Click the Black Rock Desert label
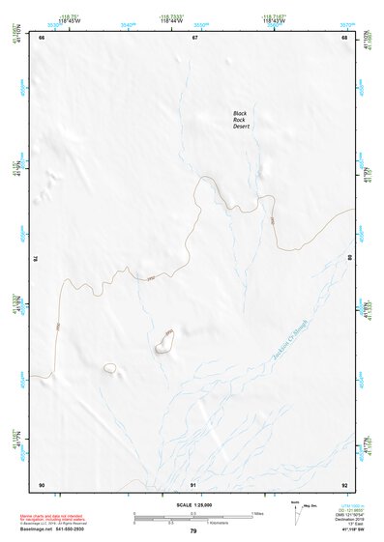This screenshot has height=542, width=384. pos(242,120)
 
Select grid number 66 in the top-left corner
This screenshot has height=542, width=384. pos(42,38)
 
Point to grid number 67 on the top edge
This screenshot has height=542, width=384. pos(194,38)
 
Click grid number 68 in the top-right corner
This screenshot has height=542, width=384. pos(344,38)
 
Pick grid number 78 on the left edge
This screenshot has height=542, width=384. pos(36,258)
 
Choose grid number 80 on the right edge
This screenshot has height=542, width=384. pos(350,258)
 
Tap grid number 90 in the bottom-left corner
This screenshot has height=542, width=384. pos(42,484)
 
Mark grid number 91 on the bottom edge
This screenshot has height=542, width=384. pos(194,484)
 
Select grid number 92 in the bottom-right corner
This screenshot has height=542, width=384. pos(344,484)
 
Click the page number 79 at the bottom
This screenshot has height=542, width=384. pos(193,531)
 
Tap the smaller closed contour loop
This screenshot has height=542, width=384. pos(110,368)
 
